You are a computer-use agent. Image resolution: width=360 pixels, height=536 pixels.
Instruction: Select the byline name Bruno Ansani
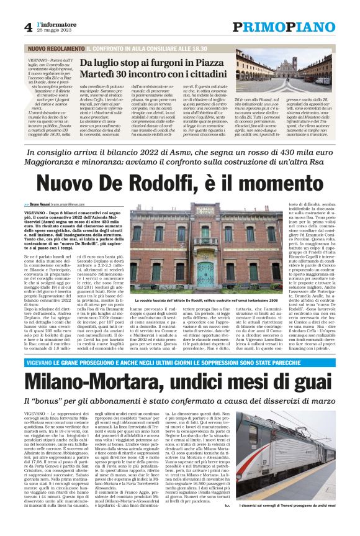(x=44, y=204)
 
